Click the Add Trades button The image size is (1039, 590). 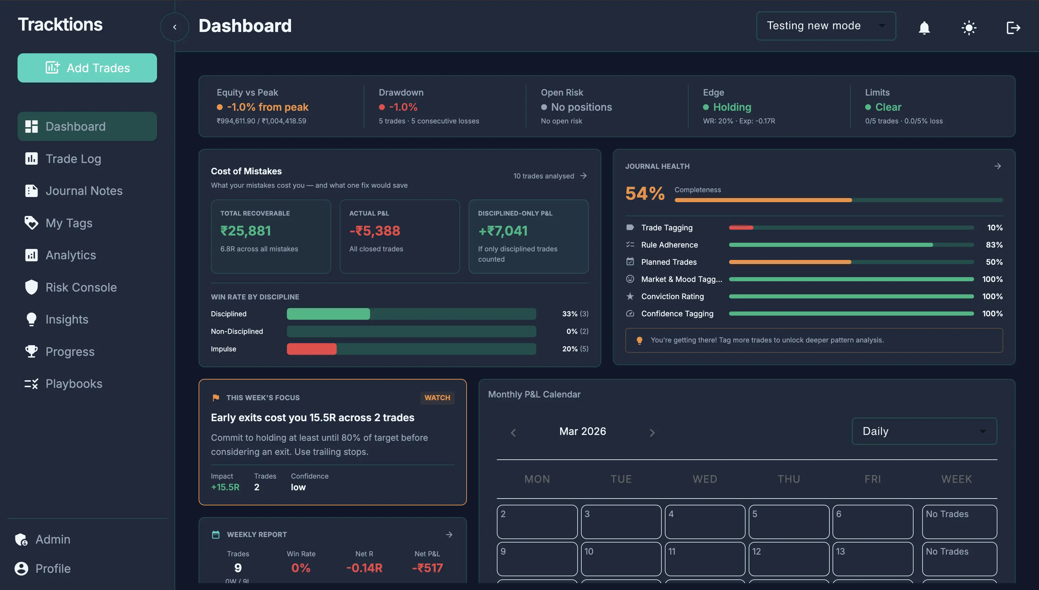87,68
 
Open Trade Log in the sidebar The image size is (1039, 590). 73,159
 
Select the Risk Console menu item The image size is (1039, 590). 81,287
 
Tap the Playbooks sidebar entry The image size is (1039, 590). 74,383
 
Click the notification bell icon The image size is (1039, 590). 924,28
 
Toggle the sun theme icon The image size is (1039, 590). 969,28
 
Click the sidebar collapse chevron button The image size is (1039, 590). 175,27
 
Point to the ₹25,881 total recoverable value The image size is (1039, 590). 245,231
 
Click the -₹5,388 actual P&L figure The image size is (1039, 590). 375,231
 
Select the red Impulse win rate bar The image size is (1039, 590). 311,349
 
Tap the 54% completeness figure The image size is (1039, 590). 645,193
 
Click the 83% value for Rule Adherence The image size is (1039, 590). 994,245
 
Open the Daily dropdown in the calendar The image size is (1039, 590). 924,431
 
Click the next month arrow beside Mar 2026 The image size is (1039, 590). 651,433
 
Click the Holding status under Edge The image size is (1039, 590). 732,107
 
